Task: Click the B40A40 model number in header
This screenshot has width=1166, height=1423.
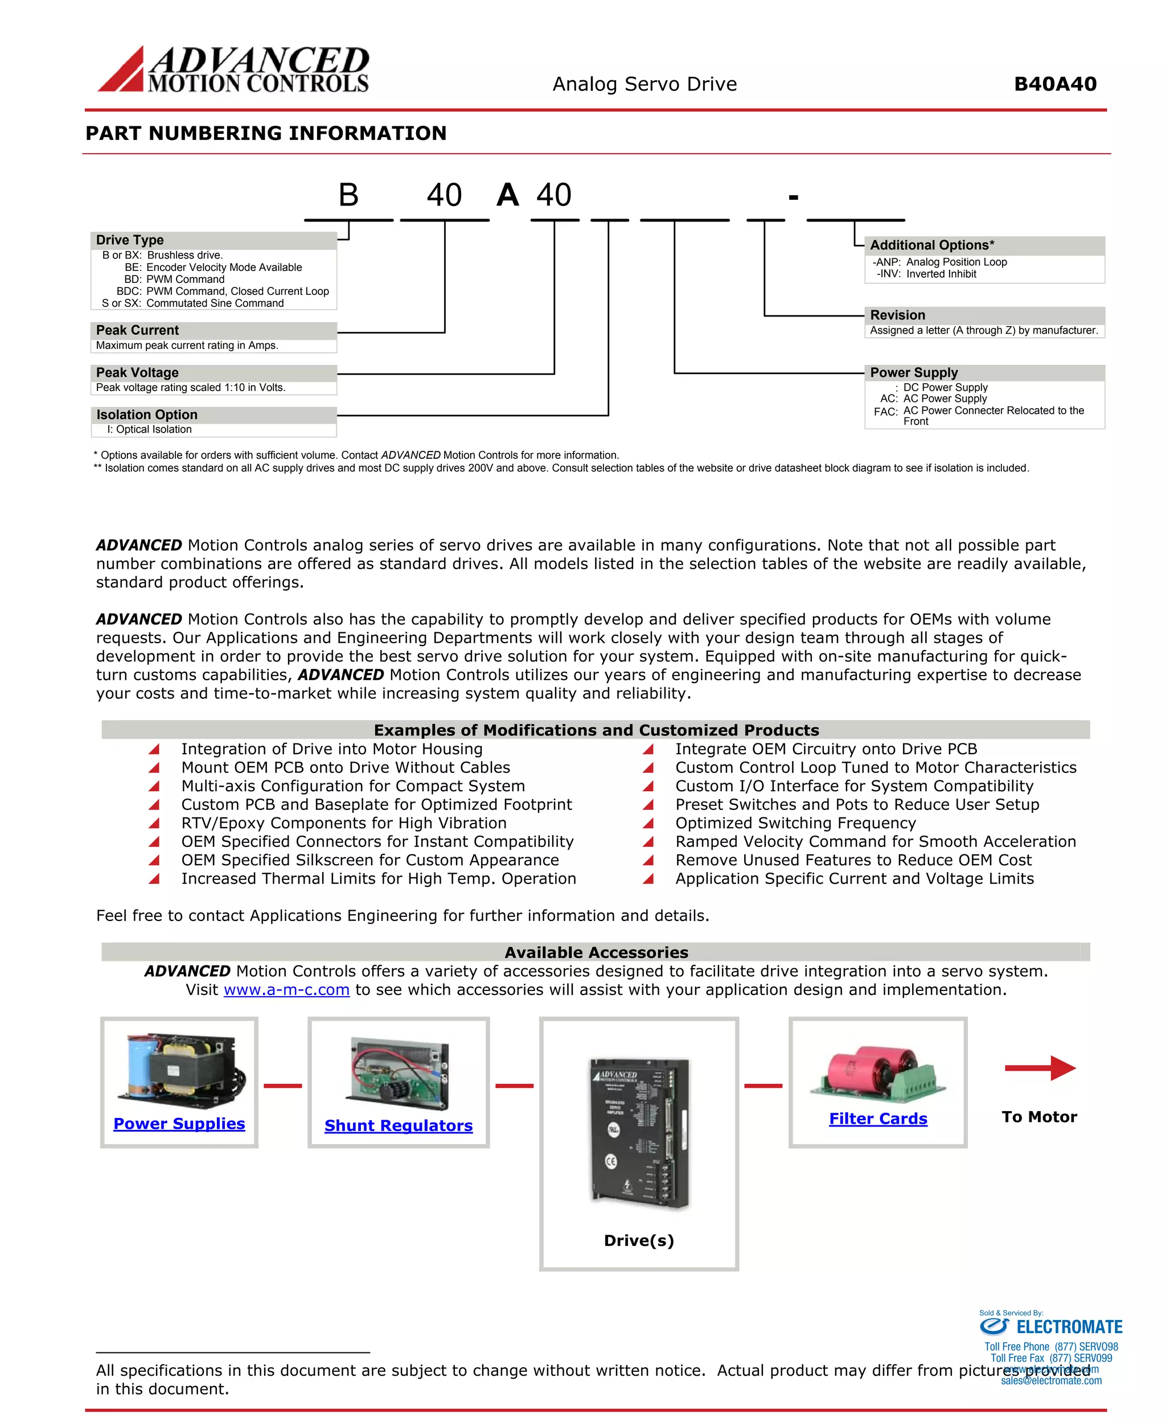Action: pyautogui.click(x=1054, y=85)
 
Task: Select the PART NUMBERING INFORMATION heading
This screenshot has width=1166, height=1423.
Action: pyautogui.click(x=266, y=133)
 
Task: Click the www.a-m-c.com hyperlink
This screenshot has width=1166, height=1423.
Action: pyautogui.click(x=286, y=990)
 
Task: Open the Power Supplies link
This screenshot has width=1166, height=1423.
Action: pyautogui.click(x=179, y=1124)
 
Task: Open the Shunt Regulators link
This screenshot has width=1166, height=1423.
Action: pyautogui.click(x=399, y=1125)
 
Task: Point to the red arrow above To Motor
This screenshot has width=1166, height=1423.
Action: pyautogui.click(x=1040, y=1068)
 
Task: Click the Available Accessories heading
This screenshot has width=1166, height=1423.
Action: pyautogui.click(x=596, y=952)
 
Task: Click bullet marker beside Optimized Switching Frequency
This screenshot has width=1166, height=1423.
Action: pyautogui.click(x=648, y=823)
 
